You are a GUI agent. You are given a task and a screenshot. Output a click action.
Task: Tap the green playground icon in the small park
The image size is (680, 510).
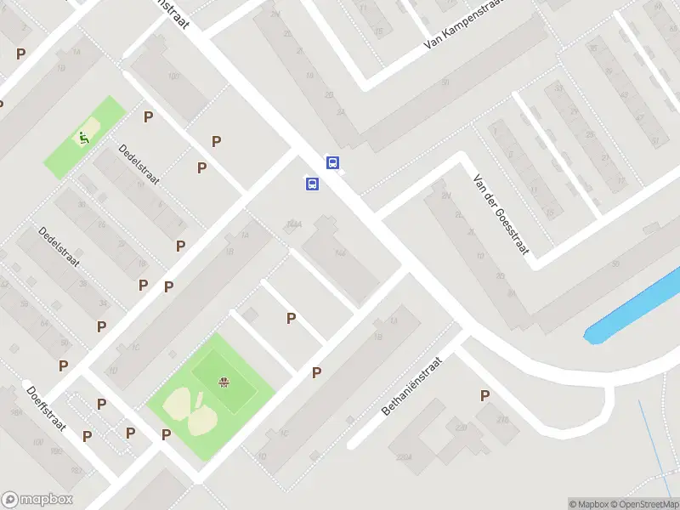coord(84,137)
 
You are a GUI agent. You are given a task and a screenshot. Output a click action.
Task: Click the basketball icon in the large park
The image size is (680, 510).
coord(224,382)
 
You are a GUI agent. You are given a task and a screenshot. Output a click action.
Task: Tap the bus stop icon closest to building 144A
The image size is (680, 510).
coord(313,184)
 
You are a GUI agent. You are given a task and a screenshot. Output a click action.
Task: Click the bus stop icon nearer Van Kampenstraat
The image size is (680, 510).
coord(333,162)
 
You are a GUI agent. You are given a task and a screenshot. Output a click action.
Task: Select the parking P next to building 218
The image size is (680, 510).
coord(484,395)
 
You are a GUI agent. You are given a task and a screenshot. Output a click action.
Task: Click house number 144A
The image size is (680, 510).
coord(295,224)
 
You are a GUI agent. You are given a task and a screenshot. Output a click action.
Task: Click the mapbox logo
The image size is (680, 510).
coord(37,500)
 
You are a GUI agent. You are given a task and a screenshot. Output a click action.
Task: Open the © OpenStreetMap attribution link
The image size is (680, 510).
coord(645,504)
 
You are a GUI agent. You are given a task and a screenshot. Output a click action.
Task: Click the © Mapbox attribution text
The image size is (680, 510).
coord(589,504)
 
